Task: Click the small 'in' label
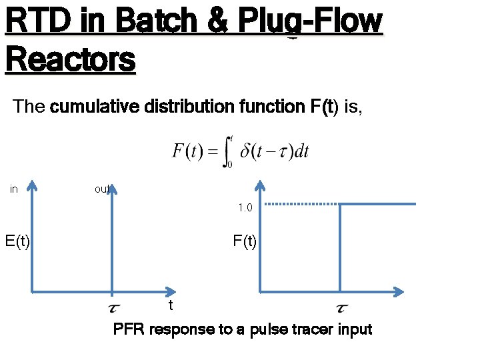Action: (14, 189)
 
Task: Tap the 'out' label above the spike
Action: (102, 189)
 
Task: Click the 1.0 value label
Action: (245, 208)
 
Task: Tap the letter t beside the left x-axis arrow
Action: (171, 305)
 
